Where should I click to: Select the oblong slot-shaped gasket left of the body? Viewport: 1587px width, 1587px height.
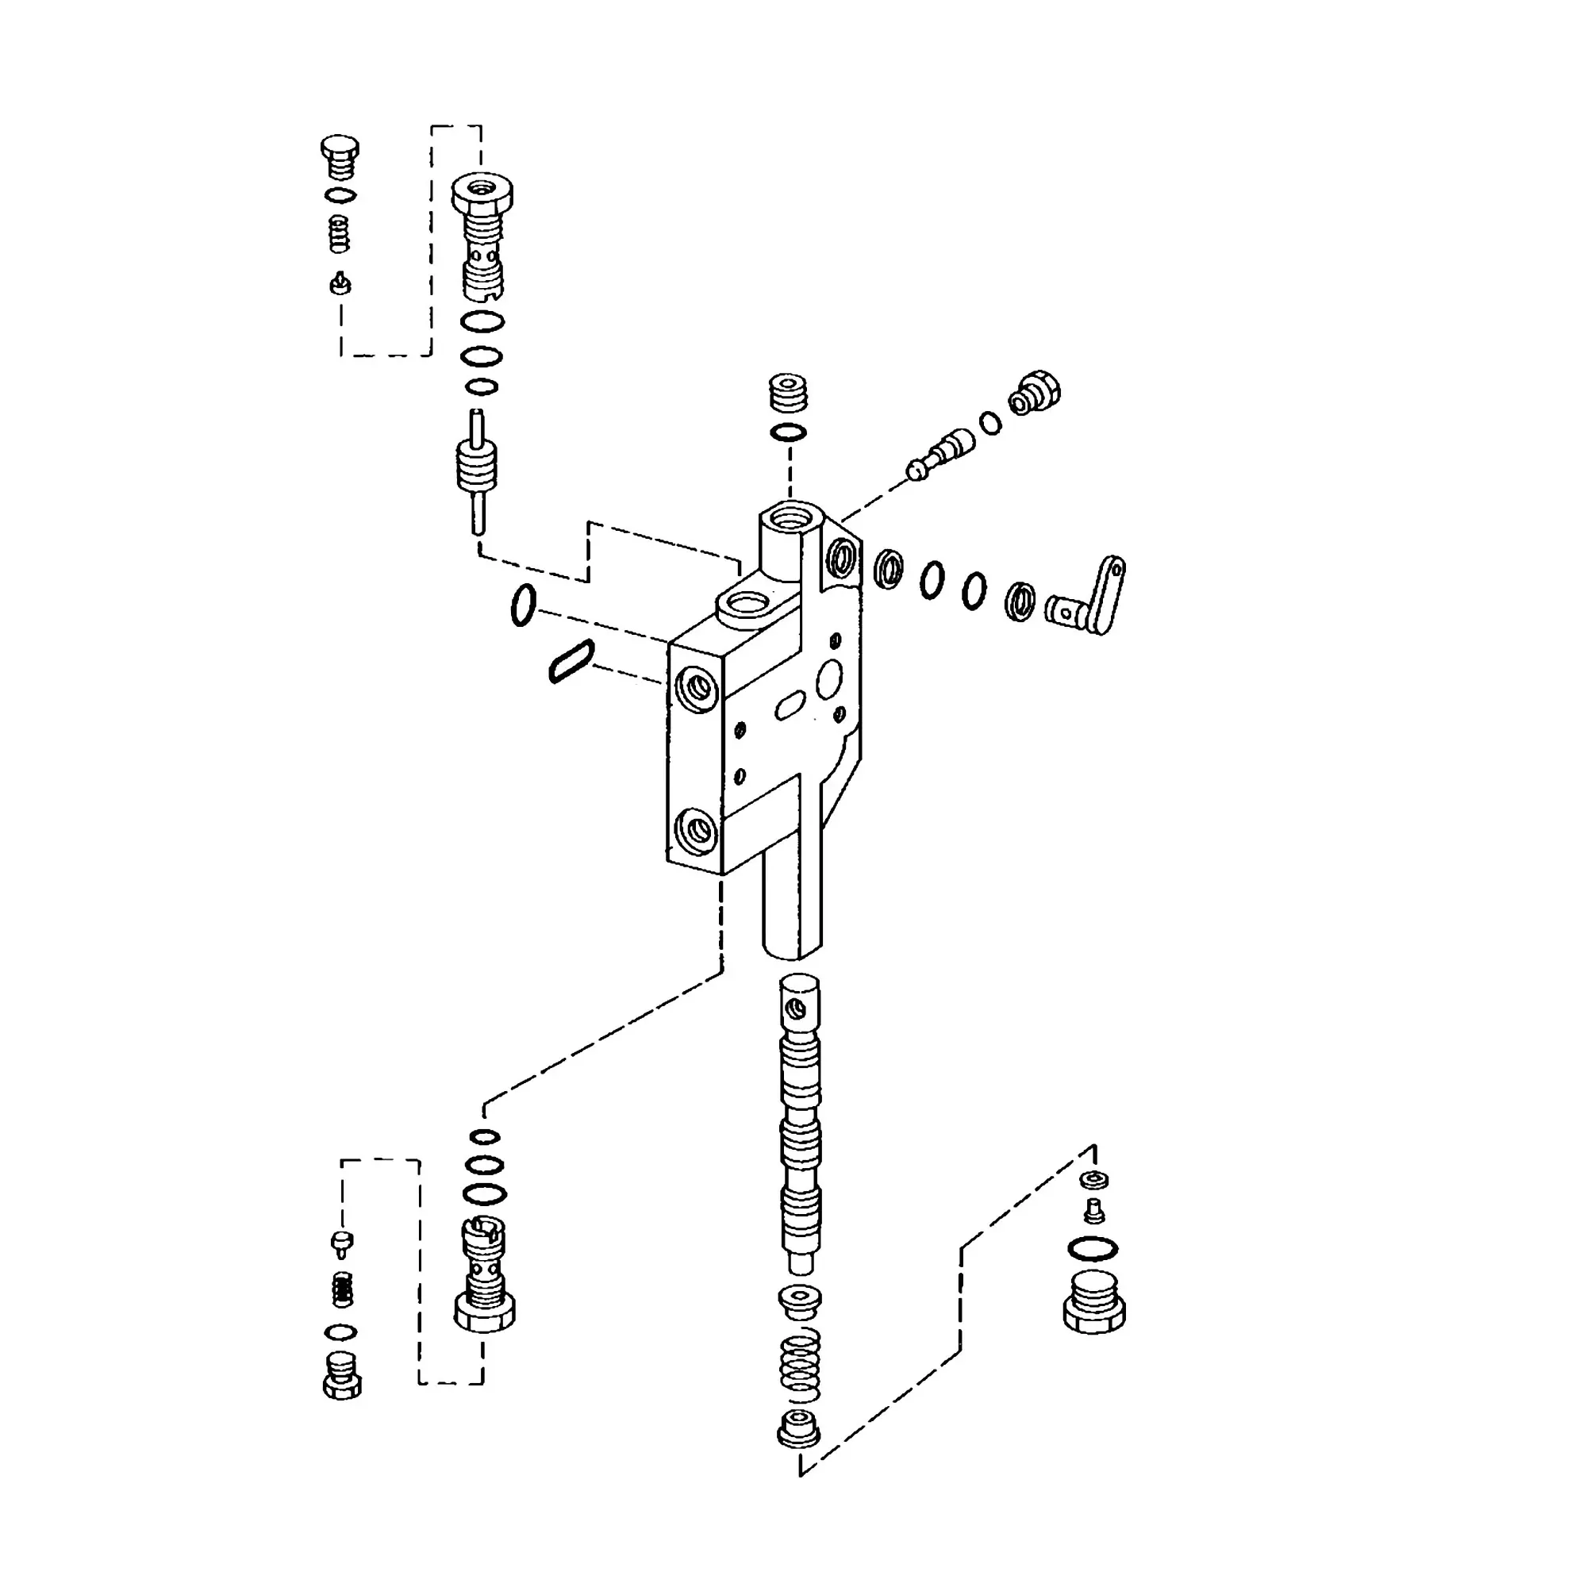[x=571, y=660]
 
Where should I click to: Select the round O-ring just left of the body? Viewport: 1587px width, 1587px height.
[x=523, y=605]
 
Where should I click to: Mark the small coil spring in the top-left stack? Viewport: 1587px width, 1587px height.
[x=340, y=234]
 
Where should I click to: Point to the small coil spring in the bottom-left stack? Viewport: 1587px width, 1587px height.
[x=343, y=1289]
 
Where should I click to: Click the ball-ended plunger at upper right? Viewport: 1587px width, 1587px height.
[x=941, y=453]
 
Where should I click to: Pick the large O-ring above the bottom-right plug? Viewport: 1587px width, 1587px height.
[x=1093, y=1248]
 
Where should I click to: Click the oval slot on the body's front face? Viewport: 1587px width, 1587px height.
[x=790, y=705]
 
